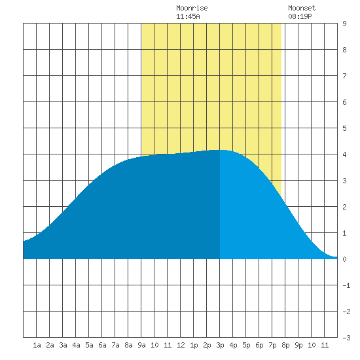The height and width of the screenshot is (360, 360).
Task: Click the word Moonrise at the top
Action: click(192, 8)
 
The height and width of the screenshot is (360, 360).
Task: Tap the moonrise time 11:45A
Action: click(188, 16)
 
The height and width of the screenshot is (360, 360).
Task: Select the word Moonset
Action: click(302, 8)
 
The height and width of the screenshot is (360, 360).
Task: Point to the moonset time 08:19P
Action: click(300, 16)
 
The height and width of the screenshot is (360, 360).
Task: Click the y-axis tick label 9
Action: click(344, 24)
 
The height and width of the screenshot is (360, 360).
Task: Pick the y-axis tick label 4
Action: click(344, 154)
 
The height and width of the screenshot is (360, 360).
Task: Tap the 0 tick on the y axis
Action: click(344, 259)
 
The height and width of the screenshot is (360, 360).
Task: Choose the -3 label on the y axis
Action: click(346, 338)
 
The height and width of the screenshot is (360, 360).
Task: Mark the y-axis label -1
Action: click(346, 285)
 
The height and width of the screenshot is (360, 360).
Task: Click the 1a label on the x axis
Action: click(37, 345)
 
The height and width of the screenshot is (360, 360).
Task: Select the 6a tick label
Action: click(102, 345)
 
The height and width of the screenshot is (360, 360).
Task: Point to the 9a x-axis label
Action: click(141, 345)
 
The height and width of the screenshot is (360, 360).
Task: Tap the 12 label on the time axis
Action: click(181, 345)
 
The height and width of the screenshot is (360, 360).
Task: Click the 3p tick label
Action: click(220, 345)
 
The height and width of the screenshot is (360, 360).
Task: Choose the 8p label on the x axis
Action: click(285, 345)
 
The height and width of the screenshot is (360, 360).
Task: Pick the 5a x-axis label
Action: click(89, 345)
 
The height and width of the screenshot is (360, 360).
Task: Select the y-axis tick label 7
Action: click(344, 76)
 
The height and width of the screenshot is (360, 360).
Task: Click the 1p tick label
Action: click(194, 345)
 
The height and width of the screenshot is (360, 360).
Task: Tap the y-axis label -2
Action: click(346, 312)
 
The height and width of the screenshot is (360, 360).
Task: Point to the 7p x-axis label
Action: click(272, 345)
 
